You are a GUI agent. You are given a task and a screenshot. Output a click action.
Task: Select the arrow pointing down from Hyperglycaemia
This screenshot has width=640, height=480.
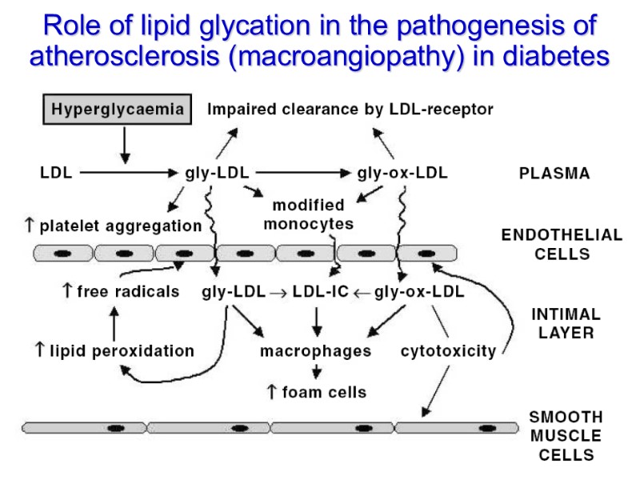coord(124,144)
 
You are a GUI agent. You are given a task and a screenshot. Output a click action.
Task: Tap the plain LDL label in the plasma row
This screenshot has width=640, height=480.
coord(55,172)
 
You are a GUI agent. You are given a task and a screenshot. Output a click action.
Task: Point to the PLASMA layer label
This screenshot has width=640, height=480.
coord(554,174)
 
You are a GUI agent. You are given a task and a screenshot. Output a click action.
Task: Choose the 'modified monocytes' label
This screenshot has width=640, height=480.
coord(309,214)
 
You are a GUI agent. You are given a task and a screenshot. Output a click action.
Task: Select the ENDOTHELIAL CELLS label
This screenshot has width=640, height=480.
coord(561,244)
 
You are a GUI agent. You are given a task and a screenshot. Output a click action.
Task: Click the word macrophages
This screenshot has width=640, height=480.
coord(316,351)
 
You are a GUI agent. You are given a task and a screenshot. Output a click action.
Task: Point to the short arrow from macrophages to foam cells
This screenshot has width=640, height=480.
coord(318,371)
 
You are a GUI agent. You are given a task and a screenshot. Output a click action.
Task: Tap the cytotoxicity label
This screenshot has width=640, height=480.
coord(448,351)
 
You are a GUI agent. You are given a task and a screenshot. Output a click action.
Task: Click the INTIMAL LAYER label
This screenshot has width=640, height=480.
coord(566,323)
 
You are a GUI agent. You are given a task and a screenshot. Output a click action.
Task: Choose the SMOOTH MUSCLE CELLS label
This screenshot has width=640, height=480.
coord(566,436)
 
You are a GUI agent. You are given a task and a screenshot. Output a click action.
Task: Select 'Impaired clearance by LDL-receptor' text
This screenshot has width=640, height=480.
coord(350,109)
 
